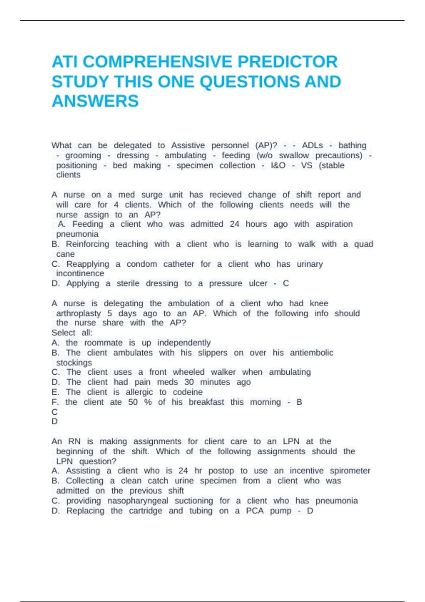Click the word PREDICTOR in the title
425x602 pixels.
[287, 62]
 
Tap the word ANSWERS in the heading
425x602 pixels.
[95, 101]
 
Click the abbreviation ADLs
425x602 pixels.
[312, 146]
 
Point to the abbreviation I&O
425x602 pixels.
[278, 165]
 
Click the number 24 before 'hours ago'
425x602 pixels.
[234, 224]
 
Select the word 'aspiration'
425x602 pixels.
[334, 224]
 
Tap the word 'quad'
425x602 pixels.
[363, 244]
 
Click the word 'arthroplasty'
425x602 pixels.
[79, 313]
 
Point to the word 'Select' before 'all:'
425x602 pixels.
[63, 333]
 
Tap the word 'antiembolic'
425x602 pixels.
[311, 353]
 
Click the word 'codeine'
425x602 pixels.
[188, 392]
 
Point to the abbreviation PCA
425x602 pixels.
[255, 511]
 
